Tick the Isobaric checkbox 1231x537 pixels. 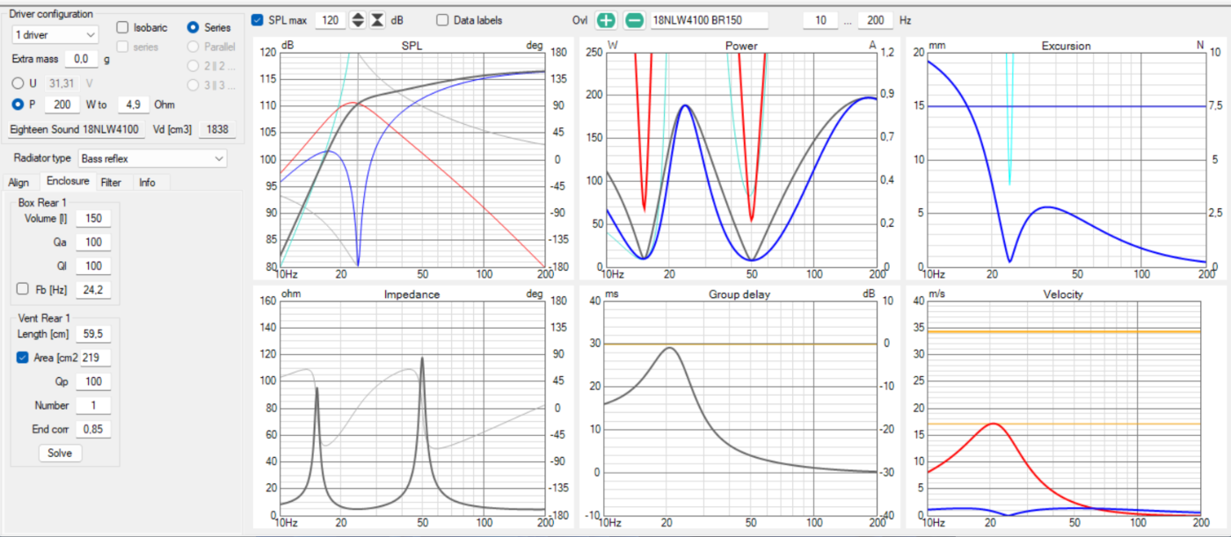point(122,27)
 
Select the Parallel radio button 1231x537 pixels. point(193,47)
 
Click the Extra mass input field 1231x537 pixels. point(81,59)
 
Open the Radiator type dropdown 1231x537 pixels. point(152,159)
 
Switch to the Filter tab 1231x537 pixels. point(111,182)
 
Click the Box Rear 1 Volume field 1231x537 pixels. point(93,219)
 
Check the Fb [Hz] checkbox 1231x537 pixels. point(23,289)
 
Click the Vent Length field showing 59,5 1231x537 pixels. point(93,334)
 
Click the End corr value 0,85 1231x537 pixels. point(93,430)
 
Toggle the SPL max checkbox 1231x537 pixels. point(257,20)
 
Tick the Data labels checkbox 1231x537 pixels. point(441,20)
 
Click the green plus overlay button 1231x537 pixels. point(606,20)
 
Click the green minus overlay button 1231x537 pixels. point(634,20)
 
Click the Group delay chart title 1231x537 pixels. point(739,294)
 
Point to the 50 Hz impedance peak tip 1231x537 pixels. point(422,358)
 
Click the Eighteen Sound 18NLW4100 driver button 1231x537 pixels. point(75,129)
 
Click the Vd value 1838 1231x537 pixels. point(218,129)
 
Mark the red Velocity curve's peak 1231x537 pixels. point(994,424)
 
